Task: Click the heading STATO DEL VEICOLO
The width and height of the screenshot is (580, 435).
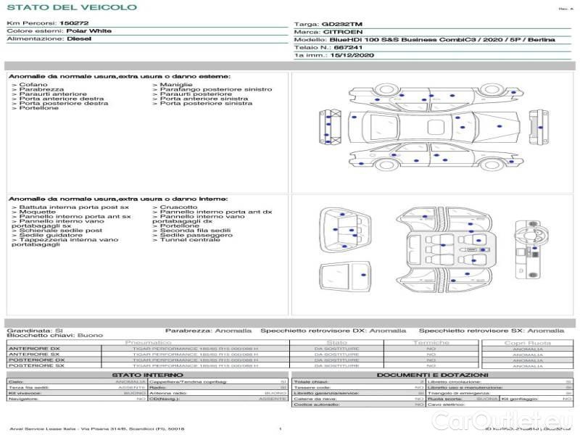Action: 71,7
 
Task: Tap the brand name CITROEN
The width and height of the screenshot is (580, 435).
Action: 339,32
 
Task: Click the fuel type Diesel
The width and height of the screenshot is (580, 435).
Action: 79,40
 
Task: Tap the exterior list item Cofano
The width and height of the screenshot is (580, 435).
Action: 34,85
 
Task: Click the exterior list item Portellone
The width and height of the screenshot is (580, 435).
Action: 39,108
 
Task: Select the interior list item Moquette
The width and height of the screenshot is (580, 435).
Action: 37,212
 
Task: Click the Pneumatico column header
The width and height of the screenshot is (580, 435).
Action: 149,342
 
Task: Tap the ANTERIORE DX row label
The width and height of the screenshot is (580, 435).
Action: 36,349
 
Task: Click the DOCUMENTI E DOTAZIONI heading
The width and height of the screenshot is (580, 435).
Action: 430,375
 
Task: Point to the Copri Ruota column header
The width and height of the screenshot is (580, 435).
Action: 527,342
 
